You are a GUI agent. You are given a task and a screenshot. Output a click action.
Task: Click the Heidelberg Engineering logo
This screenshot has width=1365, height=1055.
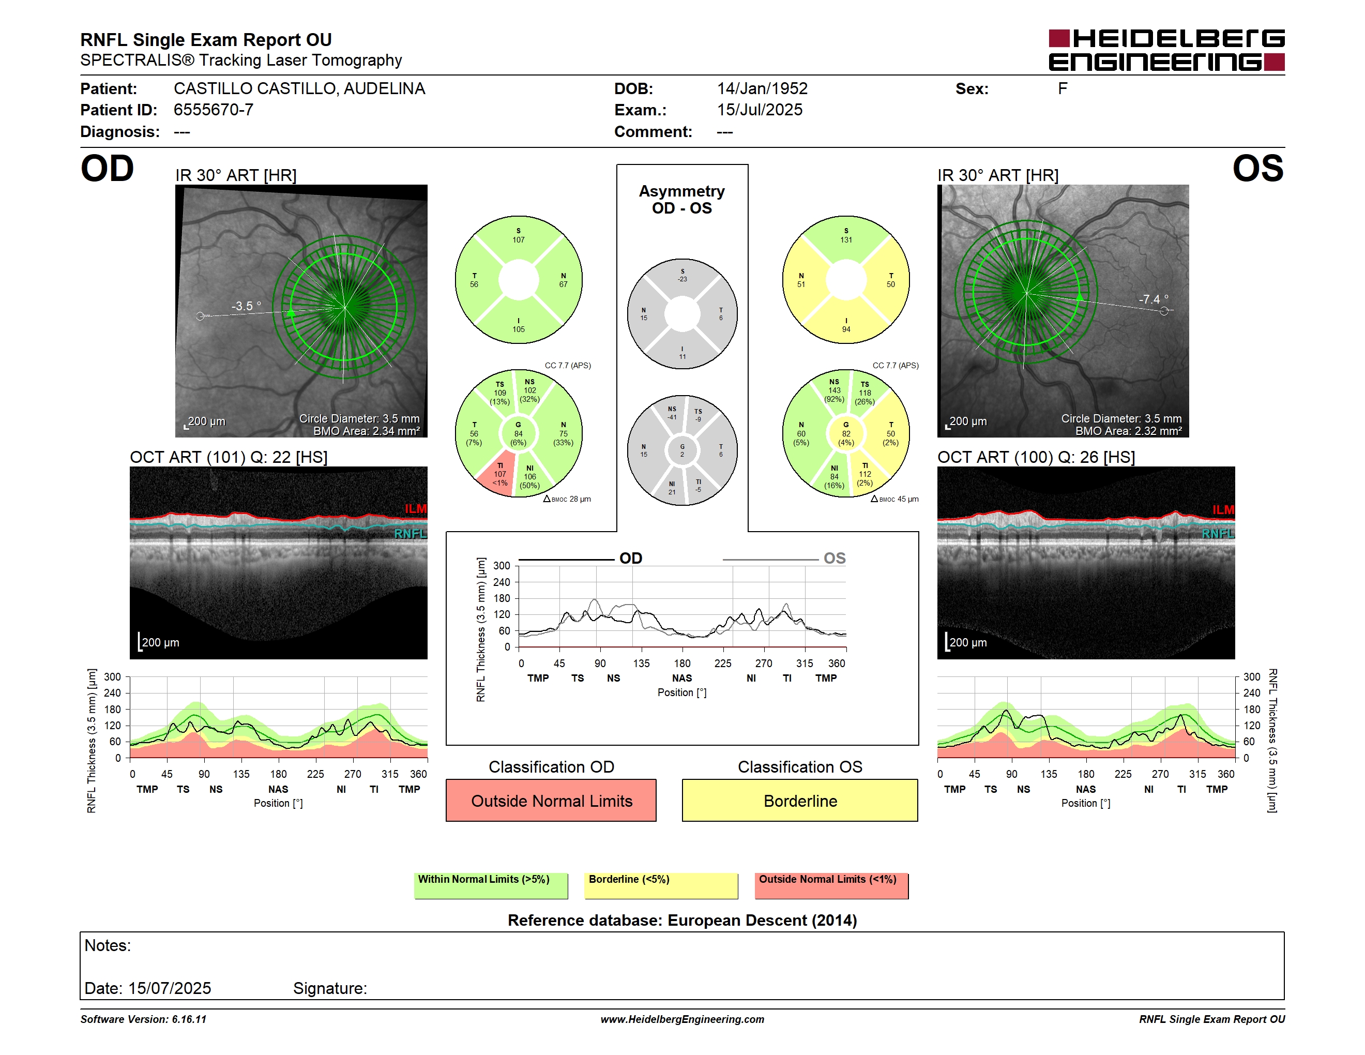click(1166, 50)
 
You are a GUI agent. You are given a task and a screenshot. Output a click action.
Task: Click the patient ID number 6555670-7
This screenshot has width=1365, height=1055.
click(213, 110)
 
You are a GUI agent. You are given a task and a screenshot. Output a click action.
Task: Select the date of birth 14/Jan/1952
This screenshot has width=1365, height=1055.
click(762, 89)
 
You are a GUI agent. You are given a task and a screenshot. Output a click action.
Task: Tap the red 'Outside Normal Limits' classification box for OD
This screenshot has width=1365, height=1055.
click(551, 800)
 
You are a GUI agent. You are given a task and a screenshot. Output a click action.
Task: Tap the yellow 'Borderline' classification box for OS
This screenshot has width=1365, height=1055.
click(800, 800)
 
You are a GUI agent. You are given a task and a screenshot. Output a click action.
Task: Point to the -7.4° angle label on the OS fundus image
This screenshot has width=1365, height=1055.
click(1153, 299)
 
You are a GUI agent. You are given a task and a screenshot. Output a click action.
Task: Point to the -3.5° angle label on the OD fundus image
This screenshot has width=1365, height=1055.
click(246, 306)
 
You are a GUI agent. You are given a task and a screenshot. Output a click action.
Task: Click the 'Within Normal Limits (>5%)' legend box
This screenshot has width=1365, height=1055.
click(491, 885)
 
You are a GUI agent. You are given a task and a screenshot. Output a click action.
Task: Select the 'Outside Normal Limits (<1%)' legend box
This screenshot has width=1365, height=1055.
click(831, 885)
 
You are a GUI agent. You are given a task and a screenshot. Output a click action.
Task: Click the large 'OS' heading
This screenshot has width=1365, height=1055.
click(1257, 169)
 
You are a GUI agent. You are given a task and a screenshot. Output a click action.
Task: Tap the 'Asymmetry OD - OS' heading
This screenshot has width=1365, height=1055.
click(682, 200)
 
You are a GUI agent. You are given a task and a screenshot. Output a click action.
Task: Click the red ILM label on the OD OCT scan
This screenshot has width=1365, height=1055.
click(415, 509)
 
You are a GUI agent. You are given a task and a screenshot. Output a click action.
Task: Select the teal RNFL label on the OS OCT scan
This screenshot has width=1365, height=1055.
click(1218, 534)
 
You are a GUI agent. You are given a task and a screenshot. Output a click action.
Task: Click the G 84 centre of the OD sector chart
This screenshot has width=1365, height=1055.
click(518, 434)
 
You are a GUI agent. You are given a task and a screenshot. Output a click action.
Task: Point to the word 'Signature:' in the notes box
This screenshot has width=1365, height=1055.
click(330, 988)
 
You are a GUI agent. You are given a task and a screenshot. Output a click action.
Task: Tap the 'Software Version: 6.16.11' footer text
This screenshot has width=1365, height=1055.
click(143, 1019)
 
